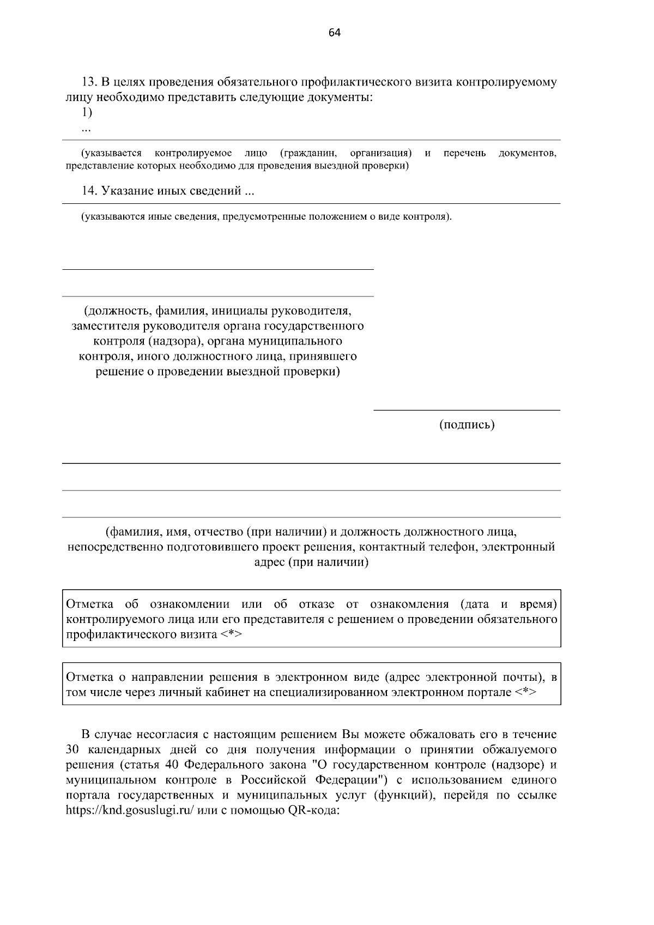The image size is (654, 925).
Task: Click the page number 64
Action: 335,33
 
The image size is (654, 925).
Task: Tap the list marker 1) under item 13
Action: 87,112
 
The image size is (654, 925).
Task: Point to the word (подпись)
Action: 467,425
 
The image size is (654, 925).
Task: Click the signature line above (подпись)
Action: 467,410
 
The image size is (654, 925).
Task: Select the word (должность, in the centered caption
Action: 117,311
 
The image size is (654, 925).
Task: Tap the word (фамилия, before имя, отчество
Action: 129,531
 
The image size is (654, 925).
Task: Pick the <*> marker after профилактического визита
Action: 232,635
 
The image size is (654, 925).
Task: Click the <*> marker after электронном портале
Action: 525,692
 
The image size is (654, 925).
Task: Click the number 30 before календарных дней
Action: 72,749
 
